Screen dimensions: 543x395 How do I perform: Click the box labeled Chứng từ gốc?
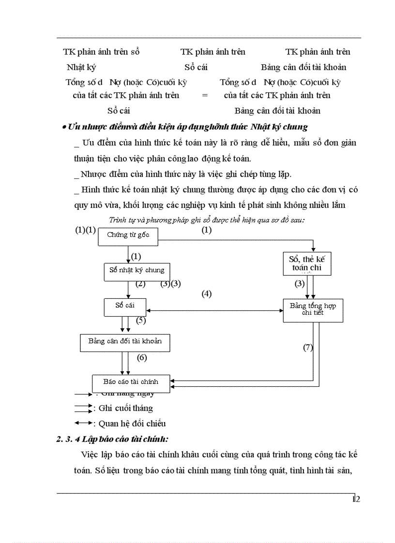click(128, 236)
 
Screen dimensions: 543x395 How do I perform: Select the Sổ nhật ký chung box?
click(137, 271)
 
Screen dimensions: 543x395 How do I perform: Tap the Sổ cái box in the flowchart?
click(125, 306)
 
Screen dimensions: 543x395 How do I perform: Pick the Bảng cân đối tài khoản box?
click(125, 342)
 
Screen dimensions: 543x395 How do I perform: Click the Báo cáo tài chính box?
click(131, 382)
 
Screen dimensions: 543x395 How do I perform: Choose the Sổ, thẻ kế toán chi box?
click(307, 264)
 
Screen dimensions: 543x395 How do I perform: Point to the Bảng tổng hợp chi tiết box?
click(313, 309)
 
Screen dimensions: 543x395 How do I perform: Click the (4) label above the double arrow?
click(207, 294)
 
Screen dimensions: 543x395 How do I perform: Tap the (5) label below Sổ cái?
click(141, 320)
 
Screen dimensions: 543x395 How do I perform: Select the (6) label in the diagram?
click(141, 358)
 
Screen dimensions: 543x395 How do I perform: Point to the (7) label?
click(308, 347)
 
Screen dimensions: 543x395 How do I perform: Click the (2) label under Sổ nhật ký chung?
click(140, 284)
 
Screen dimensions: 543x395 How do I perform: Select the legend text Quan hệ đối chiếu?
click(132, 424)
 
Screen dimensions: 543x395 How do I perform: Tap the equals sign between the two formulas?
click(205, 95)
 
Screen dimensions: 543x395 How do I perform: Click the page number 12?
click(357, 499)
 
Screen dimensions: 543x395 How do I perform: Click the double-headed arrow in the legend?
click(83, 423)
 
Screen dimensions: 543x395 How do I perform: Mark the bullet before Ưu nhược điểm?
click(64, 128)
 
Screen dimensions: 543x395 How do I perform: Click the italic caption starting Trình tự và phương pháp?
click(210, 220)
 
